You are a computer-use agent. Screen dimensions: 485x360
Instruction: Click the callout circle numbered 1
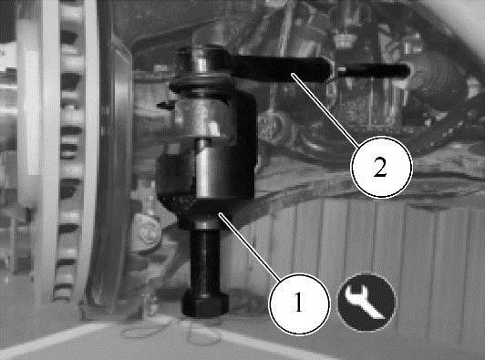[299, 303]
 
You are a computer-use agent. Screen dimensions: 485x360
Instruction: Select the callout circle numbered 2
[381, 167]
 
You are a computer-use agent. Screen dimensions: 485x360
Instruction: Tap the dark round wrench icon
[366, 303]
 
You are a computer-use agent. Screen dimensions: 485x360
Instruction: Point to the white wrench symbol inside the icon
[365, 302]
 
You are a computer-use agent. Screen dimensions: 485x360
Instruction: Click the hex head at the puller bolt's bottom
[205, 303]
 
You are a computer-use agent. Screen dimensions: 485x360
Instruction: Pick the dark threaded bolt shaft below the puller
[205, 260]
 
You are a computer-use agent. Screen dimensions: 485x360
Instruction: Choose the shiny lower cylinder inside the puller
[211, 169]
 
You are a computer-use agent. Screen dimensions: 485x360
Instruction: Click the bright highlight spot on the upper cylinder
[213, 127]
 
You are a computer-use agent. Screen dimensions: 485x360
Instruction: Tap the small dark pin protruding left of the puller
[164, 106]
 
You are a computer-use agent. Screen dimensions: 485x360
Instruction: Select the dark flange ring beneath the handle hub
[201, 84]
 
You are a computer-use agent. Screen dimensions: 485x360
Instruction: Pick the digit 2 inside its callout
[380, 167]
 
